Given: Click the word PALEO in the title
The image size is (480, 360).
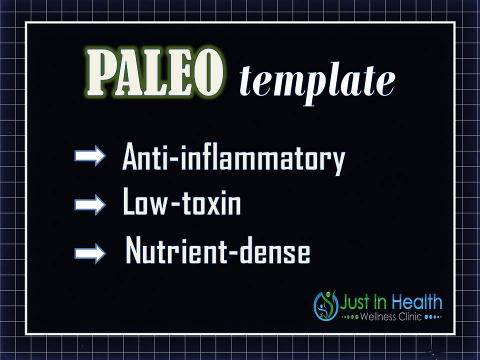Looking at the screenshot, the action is (x=155, y=72).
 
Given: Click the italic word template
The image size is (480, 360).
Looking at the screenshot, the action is (x=317, y=84).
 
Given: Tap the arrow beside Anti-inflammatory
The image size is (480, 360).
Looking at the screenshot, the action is (x=90, y=155).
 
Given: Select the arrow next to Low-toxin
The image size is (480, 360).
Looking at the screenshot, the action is (x=90, y=204).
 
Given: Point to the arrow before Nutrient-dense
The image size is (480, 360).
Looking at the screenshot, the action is (x=90, y=253).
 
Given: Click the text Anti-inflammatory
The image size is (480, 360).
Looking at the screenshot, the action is (x=233, y=158).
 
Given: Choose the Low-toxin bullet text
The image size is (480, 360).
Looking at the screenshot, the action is (x=182, y=201).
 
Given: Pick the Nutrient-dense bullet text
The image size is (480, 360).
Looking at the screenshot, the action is (x=217, y=250).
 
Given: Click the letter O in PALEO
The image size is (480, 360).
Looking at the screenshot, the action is (x=208, y=72).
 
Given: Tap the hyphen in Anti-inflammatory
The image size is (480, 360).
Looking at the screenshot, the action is (x=174, y=159).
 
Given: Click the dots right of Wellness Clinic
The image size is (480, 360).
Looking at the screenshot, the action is (x=433, y=317).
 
